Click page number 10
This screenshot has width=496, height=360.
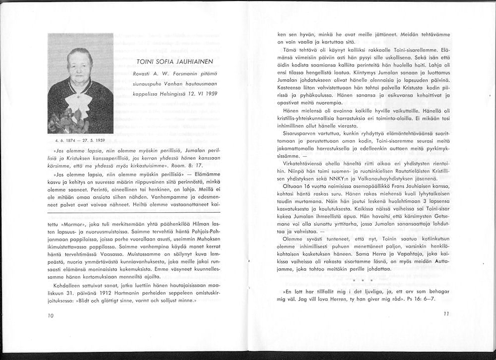[x=51, y=315]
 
